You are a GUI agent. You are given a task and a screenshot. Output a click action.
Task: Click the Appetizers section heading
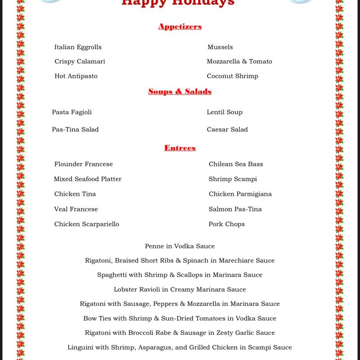tap(180, 27)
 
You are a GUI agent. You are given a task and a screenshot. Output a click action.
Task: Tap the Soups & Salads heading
tap(180, 92)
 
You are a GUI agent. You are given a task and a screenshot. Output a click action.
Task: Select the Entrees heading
tap(180, 148)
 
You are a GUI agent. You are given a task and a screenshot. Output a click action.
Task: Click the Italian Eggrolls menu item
tap(78, 47)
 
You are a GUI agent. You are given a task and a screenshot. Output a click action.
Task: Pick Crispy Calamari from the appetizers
tap(80, 61)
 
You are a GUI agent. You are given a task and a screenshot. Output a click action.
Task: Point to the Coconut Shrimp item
tap(232, 76)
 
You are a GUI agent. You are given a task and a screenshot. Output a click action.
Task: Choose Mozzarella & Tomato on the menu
tap(239, 61)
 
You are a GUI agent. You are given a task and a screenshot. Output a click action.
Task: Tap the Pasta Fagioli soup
tap(72, 112)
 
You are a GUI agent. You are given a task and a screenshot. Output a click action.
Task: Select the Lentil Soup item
tap(225, 112)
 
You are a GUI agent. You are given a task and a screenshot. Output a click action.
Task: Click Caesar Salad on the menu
tap(227, 130)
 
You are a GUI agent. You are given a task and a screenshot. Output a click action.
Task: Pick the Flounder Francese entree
tap(83, 164)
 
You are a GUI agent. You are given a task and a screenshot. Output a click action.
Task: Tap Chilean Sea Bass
tap(236, 164)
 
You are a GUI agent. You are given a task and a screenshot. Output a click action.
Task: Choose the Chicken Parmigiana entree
tap(240, 194)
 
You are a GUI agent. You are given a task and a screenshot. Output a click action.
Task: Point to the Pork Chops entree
tap(226, 224)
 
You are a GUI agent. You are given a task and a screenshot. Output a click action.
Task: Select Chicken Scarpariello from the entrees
tap(86, 224)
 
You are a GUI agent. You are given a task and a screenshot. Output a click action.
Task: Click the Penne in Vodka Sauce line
tap(180, 246)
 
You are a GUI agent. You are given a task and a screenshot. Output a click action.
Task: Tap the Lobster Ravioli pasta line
tap(180, 289)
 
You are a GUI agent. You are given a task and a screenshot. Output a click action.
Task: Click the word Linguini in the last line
tap(81, 347)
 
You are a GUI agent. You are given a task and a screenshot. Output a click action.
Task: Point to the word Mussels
tap(220, 47)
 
